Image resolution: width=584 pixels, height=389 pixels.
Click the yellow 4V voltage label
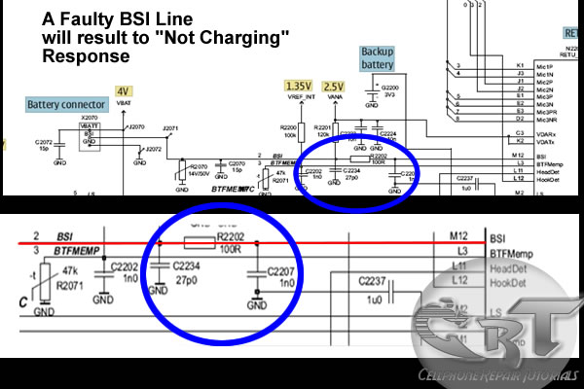(122, 90)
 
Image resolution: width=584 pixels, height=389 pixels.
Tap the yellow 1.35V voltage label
(298, 86)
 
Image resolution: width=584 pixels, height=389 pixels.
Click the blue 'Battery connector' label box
(61, 102)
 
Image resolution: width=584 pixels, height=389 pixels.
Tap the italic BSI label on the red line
(65, 235)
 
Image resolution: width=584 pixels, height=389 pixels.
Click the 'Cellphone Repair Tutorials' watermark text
(499, 375)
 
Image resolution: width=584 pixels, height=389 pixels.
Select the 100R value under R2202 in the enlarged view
(229, 260)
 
